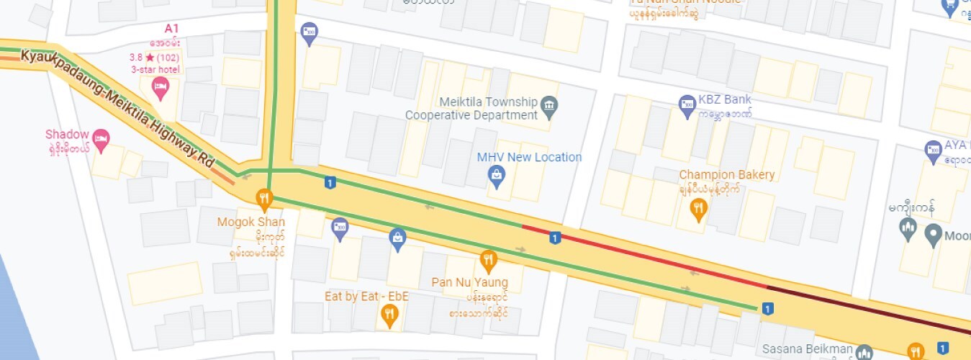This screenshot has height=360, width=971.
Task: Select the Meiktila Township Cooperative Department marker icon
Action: point(549,106)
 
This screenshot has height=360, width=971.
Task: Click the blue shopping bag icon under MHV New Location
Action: point(496,174)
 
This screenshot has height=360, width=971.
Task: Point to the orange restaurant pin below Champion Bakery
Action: point(697,209)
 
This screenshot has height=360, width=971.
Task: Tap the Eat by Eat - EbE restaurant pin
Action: point(389,314)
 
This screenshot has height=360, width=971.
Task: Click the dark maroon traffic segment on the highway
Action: point(864,310)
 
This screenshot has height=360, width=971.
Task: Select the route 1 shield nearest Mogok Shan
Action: point(330,183)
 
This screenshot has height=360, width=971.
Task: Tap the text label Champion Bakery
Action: point(727,175)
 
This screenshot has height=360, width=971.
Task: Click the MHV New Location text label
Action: point(529,157)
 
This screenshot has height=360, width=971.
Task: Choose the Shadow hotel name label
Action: point(67,135)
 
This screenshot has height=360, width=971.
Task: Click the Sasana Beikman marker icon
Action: point(864,352)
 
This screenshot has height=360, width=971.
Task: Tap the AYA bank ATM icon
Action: point(933,150)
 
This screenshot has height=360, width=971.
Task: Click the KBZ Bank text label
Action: point(725,100)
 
